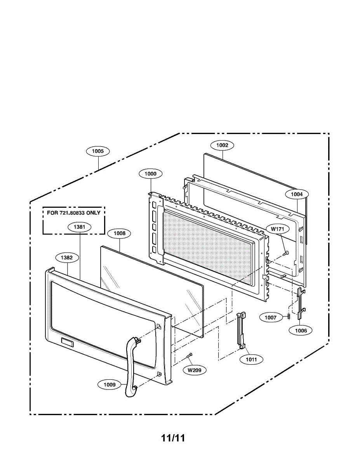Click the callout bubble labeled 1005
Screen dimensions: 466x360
[x=98, y=151]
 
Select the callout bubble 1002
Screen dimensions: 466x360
[x=222, y=145]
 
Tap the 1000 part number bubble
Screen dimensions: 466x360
[x=151, y=174]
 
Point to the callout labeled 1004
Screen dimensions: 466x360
[x=297, y=194]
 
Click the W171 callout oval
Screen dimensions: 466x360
[x=278, y=229]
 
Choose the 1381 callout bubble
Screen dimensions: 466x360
[x=79, y=226]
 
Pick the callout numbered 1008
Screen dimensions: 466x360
[x=119, y=233]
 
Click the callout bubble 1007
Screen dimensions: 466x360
[x=271, y=317]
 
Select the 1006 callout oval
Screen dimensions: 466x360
[x=301, y=330]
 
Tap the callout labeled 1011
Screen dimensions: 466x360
[x=251, y=360]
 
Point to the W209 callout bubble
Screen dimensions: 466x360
[x=195, y=370]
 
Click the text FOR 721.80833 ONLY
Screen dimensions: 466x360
[x=74, y=213]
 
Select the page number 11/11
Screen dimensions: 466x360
[x=173, y=438]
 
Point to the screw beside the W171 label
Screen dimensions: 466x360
[x=286, y=253]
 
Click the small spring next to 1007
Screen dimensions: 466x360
[x=289, y=317]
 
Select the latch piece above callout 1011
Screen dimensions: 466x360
[x=242, y=329]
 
